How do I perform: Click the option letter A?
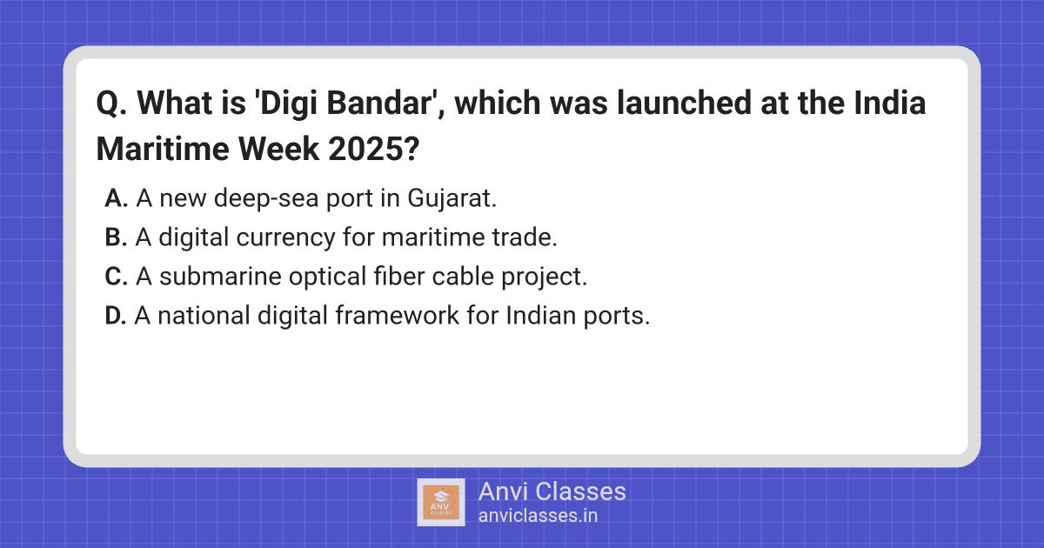(117, 198)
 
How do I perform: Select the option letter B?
(117, 237)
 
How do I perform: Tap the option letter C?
(117, 277)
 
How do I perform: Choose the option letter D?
(117, 316)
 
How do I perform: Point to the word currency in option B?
(285, 237)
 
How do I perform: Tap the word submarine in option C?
(203, 277)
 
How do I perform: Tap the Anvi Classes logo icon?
(440, 502)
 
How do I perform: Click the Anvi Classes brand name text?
(552, 491)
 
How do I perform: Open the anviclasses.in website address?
(538, 515)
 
